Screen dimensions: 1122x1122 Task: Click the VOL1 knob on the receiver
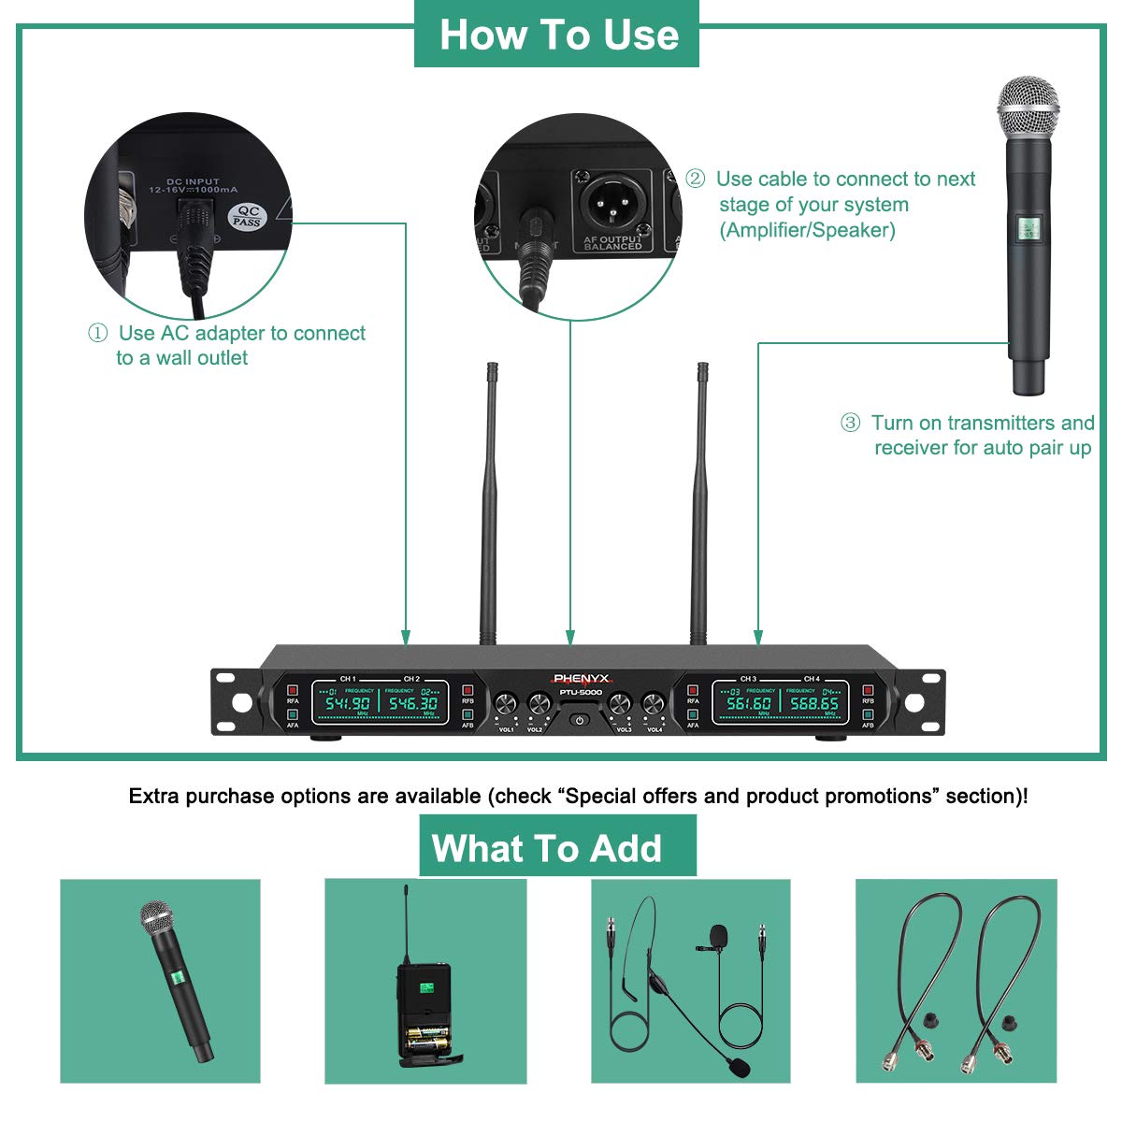pyautogui.click(x=506, y=704)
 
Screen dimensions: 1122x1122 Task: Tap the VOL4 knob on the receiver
pyautogui.click(x=652, y=704)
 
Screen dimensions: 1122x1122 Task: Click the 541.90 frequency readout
pyautogui.click(x=347, y=702)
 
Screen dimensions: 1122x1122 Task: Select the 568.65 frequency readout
pyautogui.click(x=814, y=703)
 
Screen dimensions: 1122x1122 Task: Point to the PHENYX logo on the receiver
pyautogui.click(x=580, y=679)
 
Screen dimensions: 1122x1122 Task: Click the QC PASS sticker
pyautogui.click(x=248, y=217)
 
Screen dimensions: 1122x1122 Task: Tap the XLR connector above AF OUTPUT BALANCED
pyautogui.click(x=612, y=201)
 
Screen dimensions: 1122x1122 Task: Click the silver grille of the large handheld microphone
pyautogui.click(x=1028, y=108)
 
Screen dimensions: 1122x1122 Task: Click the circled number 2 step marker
pyautogui.click(x=695, y=179)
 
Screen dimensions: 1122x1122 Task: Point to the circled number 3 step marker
pyautogui.click(x=850, y=423)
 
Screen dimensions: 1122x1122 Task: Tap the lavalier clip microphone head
pyautogui.click(x=718, y=934)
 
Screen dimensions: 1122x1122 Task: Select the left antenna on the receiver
pyautogui.click(x=488, y=505)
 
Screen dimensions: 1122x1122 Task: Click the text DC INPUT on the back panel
pyautogui.click(x=193, y=181)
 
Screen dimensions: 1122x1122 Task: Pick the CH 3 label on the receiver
pyautogui.click(x=748, y=679)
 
